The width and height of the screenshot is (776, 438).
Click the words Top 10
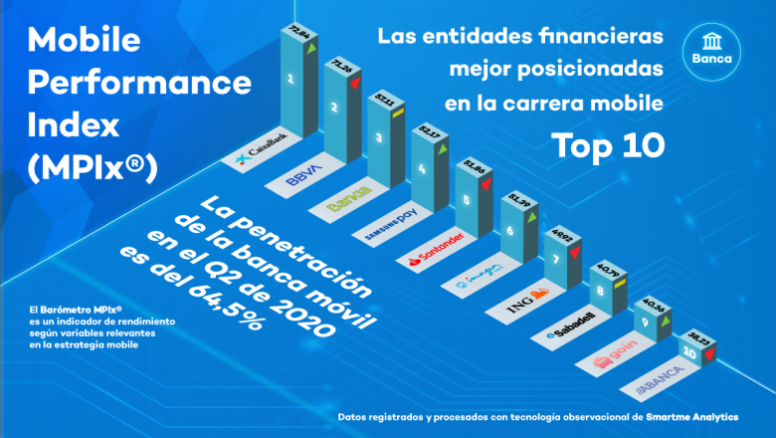point(609,144)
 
